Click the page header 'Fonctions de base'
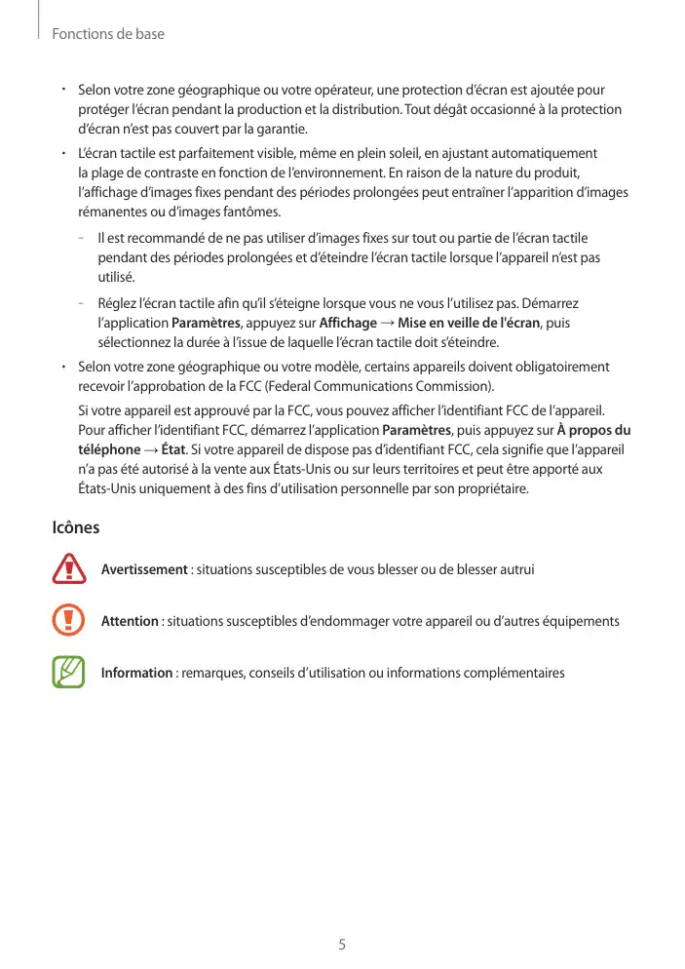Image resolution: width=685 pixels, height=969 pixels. point(108,34)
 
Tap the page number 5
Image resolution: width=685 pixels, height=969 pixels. point(342,945)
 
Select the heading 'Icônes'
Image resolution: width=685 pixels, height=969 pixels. point(75,528)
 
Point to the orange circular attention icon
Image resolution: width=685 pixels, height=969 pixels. point(69,621)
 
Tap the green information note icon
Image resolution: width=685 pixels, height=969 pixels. point(69,673)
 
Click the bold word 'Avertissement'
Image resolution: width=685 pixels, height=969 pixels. point(144,569)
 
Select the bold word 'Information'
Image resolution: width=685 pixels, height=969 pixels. point(136,673)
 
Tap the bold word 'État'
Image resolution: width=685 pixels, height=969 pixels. point(173,449)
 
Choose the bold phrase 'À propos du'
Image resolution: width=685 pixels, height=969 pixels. point(593,430)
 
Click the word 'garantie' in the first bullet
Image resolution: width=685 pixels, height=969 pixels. point(283,129)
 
